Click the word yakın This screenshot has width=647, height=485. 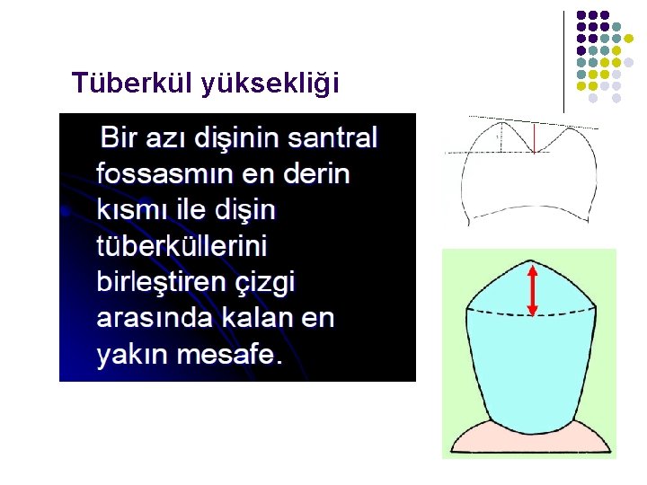pos(132,354)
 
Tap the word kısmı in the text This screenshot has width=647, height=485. pos(129,210)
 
